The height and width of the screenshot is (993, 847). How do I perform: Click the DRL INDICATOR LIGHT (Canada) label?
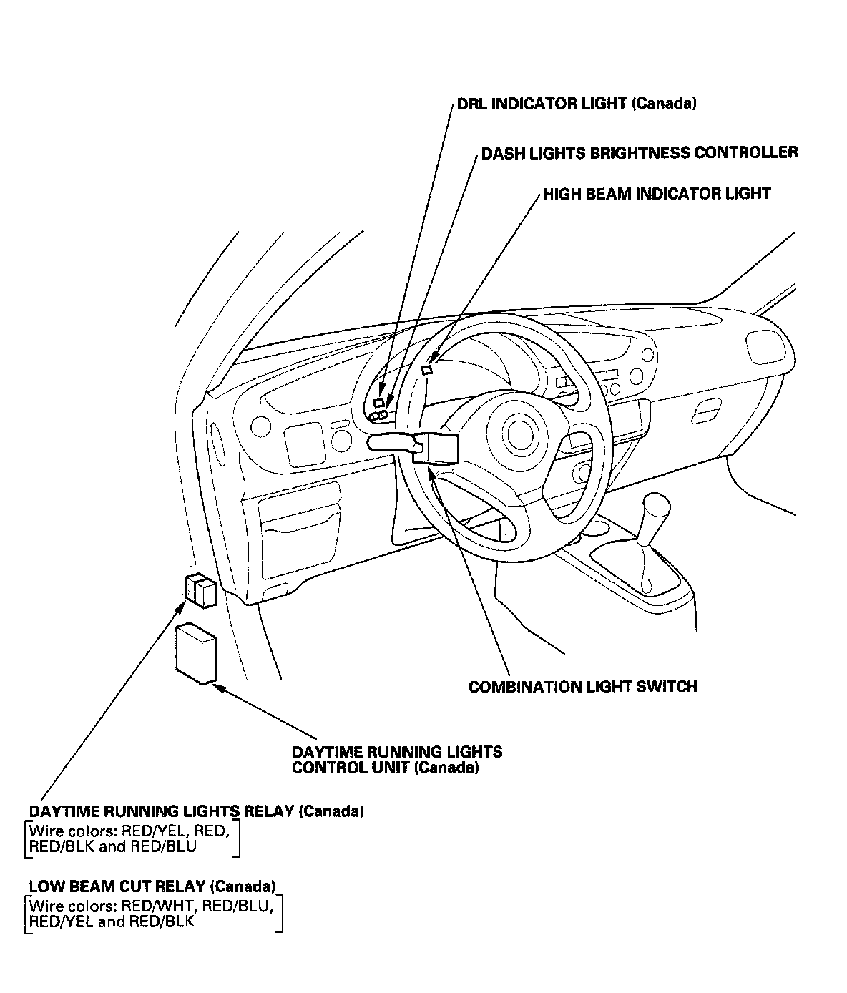(577, 104)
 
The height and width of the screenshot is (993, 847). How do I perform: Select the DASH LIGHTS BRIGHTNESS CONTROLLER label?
(639, 153)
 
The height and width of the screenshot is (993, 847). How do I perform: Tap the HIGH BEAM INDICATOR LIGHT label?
(657, 194)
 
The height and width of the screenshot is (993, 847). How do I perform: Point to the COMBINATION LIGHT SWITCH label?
(582, 687)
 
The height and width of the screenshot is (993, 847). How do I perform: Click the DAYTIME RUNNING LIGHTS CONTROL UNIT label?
(397, 760)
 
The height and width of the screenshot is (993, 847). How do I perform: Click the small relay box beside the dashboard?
(199, 590)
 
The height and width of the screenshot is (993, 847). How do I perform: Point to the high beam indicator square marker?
(427, 370)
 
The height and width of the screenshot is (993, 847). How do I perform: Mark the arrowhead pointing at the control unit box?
(218, 687)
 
